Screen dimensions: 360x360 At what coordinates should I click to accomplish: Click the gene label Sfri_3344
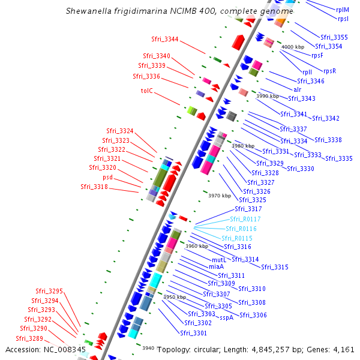(x=165, y=40)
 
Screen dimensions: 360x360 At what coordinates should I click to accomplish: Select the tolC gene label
(x=147, y=91)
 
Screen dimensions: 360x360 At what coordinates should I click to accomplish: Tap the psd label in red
(x=108, y=178)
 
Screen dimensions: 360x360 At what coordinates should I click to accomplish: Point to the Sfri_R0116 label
(x=241, y=229)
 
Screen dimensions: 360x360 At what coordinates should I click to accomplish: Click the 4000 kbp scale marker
(x=293, y=47)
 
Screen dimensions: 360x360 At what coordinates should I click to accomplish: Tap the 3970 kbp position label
(x=219, y=196)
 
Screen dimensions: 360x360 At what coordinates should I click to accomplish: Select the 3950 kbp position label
(x=175, y=297)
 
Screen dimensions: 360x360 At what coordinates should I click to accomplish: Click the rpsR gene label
(x=329, y=71)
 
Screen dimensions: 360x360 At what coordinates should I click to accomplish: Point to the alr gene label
(x=298, y=89)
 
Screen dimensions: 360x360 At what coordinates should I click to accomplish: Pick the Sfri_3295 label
(x=49, y=291)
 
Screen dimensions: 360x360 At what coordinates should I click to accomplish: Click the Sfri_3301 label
(x=193, y=333)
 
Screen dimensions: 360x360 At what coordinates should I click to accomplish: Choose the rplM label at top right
(x=343, y=10)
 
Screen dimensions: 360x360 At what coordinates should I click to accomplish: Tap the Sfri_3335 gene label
(x=339, y=158)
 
